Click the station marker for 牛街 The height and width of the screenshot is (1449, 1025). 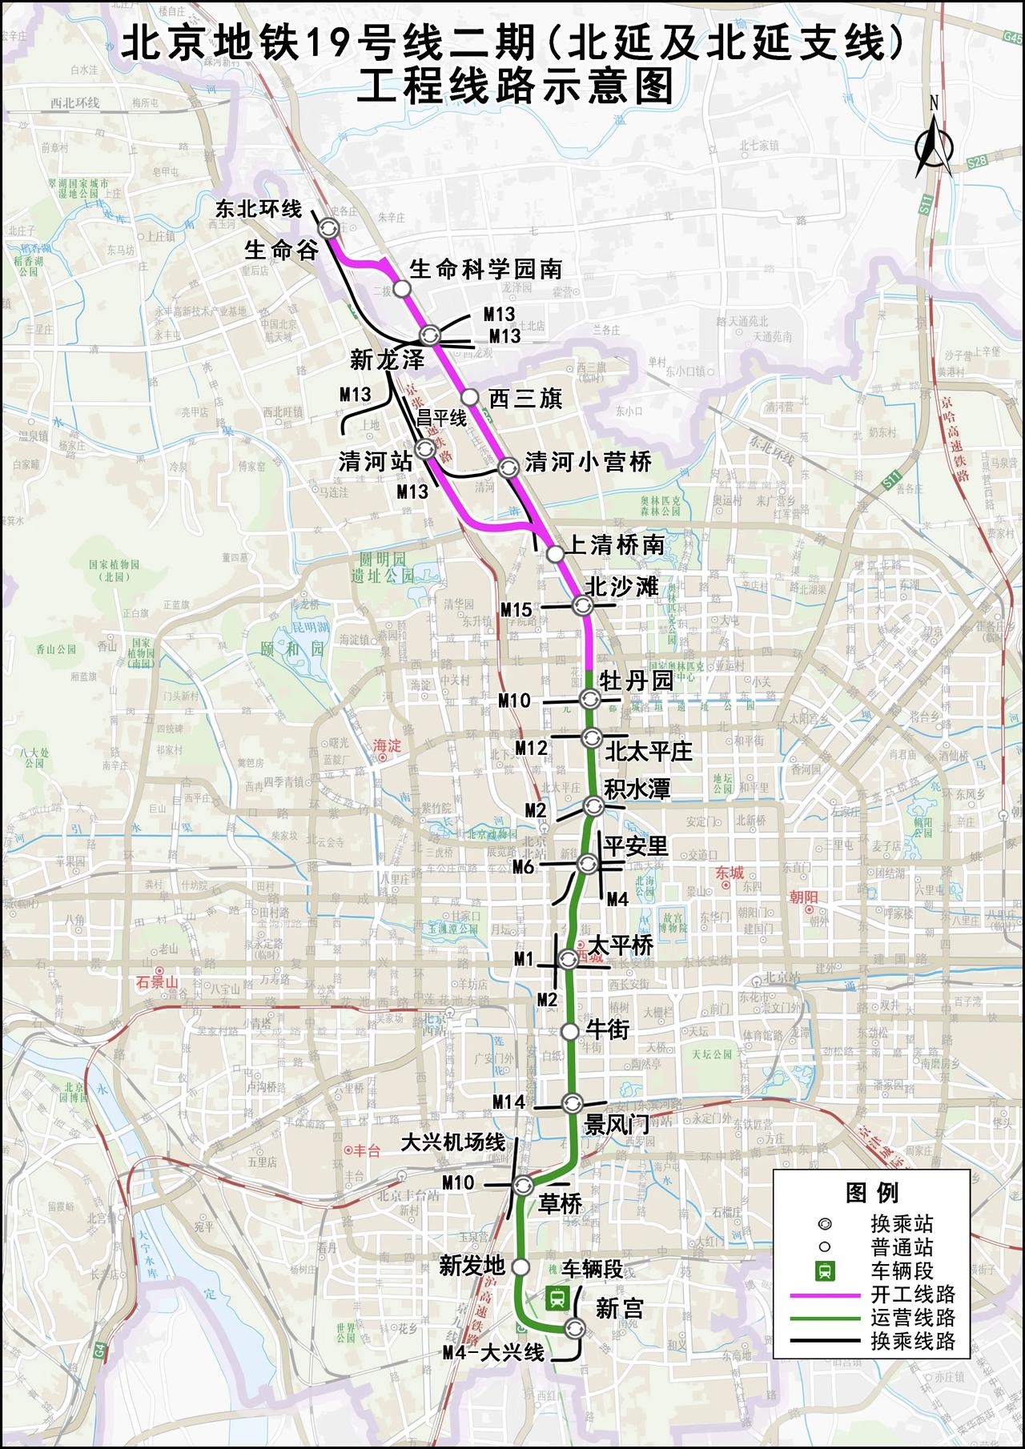tap(569, 1031)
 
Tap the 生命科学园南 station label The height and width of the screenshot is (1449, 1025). tap(485, 269)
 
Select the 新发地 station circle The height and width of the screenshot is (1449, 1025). tap(521, 1266)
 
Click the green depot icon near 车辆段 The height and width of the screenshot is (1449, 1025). tap(554, 1297)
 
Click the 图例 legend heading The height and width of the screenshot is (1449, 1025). tap(872, 1193)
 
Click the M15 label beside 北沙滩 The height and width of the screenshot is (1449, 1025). tap(517, 610)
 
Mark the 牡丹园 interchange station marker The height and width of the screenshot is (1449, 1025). tap(590, 700)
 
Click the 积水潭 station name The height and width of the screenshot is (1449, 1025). tap(637, 789)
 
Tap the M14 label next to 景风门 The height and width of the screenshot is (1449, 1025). tap(508, 1102)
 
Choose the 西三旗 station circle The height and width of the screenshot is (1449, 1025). tap(469, 397)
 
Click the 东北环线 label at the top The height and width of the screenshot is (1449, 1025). tap(259, 210)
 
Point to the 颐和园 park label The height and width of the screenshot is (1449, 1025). tap(292, 648)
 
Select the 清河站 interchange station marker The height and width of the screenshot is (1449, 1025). tap(424, 450)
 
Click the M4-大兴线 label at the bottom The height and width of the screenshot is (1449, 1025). tap(493, 1354)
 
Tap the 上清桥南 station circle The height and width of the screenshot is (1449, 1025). tap(554, 553)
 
